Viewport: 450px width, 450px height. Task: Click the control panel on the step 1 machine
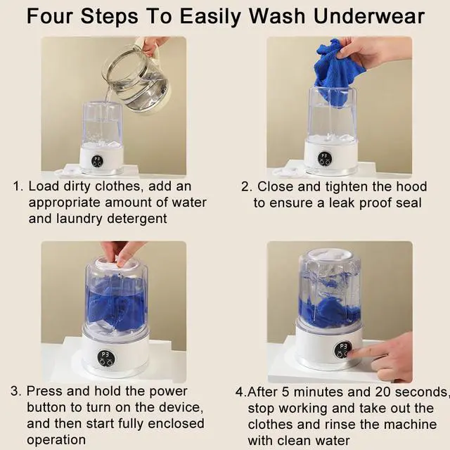(x=97, y=160)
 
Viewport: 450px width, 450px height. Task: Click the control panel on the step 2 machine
(x=324, y=158)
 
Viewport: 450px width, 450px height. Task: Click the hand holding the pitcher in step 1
(x=153, y=45)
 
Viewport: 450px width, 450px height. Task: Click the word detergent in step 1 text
(x=137, y=218)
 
